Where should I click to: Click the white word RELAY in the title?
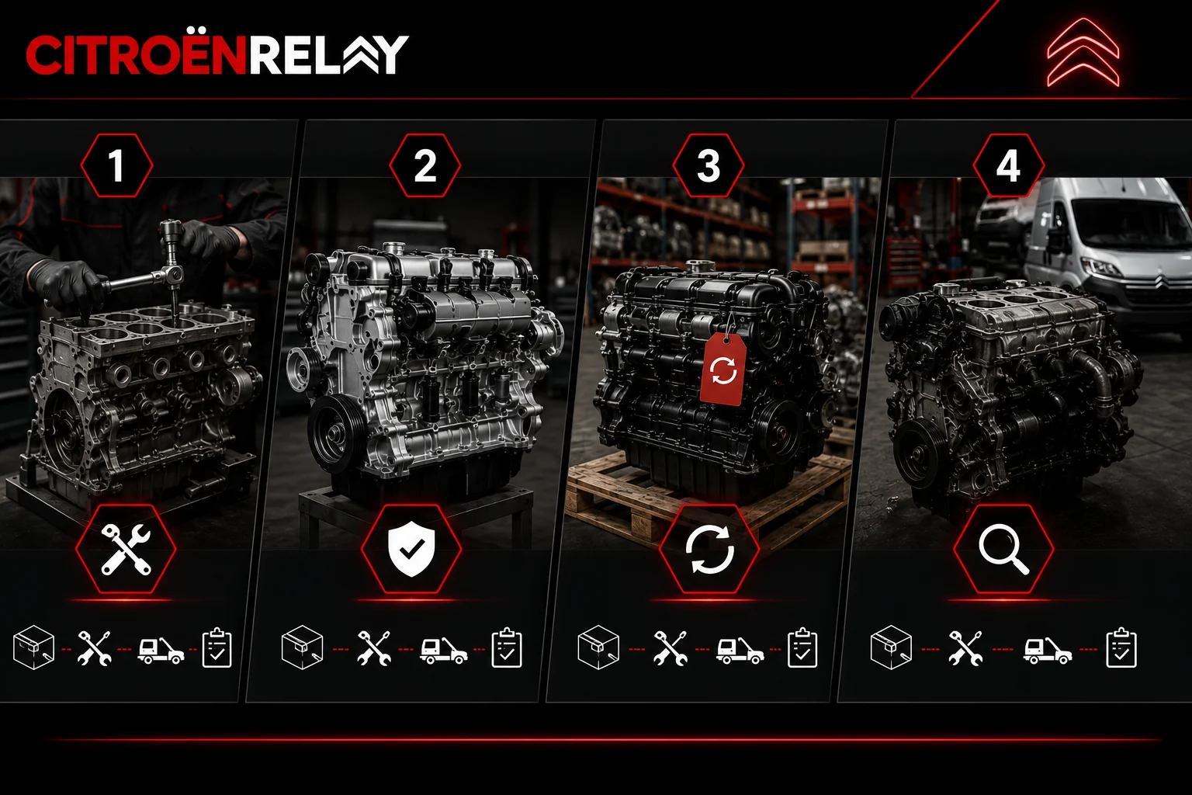327,54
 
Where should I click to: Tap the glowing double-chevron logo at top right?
1083,52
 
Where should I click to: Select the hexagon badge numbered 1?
117,165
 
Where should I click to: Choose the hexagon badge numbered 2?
424,165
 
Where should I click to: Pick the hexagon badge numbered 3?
709,165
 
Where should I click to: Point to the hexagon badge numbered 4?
1008,165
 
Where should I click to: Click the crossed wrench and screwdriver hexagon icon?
126,549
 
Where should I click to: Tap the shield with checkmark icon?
411,549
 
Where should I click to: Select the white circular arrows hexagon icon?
709,549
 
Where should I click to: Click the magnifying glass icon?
1003,549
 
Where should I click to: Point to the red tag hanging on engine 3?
722,369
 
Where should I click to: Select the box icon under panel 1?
33,647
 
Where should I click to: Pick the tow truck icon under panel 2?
443,651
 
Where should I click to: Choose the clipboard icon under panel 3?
802,647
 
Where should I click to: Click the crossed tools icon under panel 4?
965,648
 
